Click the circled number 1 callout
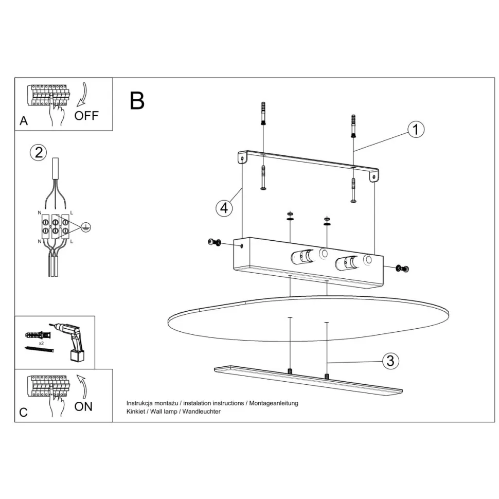416,130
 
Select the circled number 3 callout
390,361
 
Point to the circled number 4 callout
224,208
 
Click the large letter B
137,101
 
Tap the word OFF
86,116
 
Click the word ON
83,406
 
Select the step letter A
24,121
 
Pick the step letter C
23,412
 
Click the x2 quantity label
41,343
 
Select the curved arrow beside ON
82,387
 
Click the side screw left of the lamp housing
215,242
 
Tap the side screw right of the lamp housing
402,269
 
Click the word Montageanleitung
274,403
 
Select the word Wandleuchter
202,412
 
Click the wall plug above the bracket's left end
263,114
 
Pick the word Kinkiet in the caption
136,412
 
